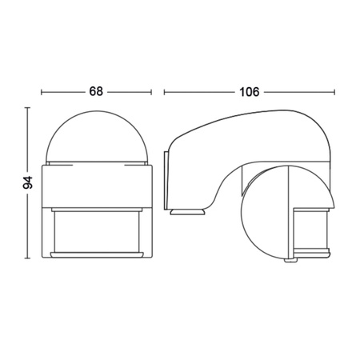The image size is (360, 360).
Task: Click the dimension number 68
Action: (x=96, y=91)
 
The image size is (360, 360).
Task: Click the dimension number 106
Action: (x=250, y=92)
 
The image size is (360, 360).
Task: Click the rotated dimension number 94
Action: (x=28, y=182)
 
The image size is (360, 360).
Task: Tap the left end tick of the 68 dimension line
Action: (x=42, y=92)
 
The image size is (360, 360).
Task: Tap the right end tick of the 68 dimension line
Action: (x=151, y=92)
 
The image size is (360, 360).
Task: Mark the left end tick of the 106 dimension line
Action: (x=165, y=92)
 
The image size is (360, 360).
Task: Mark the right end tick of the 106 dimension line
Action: (x=334, y=92)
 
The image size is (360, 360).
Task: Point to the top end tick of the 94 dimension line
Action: (x=27, y=108)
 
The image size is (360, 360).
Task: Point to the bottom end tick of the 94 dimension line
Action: (x=27, y=258)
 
